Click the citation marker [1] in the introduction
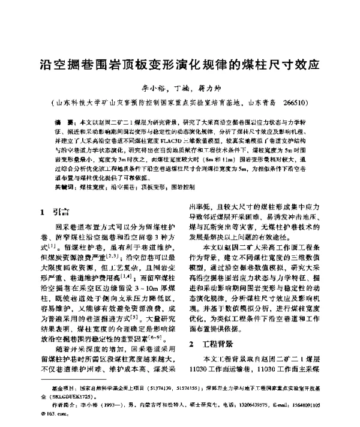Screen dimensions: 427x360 (67, 246)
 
